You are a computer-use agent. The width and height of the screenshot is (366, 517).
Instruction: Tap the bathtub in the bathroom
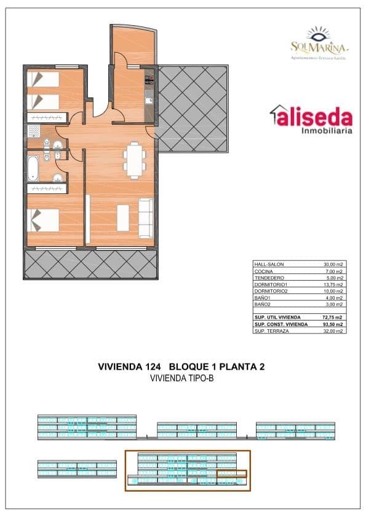33,167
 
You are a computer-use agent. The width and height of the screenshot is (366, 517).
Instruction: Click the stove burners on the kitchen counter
148,78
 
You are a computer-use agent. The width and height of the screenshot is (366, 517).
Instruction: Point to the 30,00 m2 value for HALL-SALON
333,264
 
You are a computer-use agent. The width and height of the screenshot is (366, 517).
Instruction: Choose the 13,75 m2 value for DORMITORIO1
333,284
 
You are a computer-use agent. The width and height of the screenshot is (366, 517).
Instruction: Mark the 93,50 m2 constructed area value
333,324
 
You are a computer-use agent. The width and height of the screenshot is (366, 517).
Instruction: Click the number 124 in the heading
151,367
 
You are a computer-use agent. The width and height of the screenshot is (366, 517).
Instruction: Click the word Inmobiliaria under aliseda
326,130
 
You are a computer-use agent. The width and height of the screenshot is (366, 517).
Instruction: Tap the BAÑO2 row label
262,304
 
